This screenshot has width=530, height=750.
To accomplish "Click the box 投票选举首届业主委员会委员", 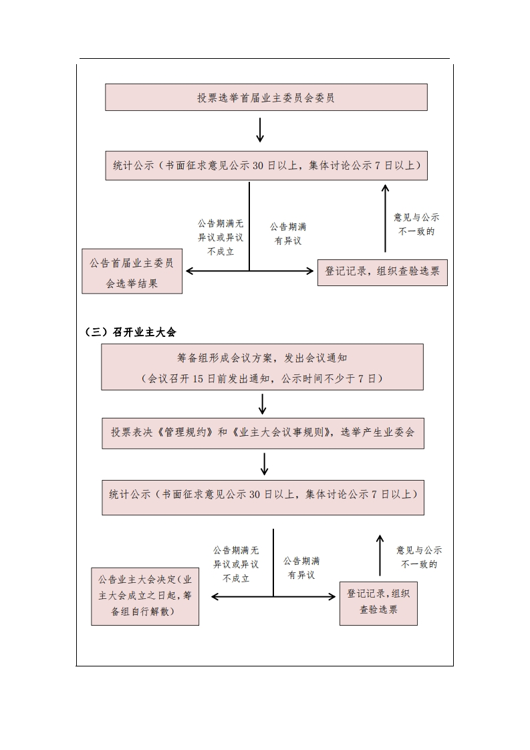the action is [266, 97].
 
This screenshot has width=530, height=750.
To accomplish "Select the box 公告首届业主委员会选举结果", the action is [132, 271].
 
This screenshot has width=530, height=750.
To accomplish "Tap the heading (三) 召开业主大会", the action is [130, 332].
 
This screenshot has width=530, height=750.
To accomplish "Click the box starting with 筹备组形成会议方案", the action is [262, 367].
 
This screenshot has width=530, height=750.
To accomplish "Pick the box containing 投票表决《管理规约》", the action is [263, 433].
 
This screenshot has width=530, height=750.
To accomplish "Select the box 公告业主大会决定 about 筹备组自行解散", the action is [145, 596].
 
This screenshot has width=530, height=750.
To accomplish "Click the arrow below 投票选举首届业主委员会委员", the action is [260, 130].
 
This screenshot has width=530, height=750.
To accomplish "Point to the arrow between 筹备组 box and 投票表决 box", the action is [262, 404].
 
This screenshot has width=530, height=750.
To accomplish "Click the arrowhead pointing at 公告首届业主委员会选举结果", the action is [189, 271].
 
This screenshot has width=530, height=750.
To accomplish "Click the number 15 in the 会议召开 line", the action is [198, 379].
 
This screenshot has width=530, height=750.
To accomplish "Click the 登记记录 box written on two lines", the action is [378, 604].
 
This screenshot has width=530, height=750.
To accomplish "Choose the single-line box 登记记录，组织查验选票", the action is [383, 273].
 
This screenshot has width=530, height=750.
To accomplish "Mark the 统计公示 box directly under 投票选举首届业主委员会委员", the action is [267, 166].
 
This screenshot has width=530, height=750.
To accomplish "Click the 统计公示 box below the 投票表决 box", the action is [263, 497].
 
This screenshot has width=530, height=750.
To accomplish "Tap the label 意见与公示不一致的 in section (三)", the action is [419, 557].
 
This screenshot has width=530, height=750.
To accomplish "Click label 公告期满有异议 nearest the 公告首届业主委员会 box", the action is [288, 233].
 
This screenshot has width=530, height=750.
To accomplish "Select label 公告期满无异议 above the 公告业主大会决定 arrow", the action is [236, 564].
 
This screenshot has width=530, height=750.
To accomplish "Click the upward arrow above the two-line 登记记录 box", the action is [380, 555].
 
